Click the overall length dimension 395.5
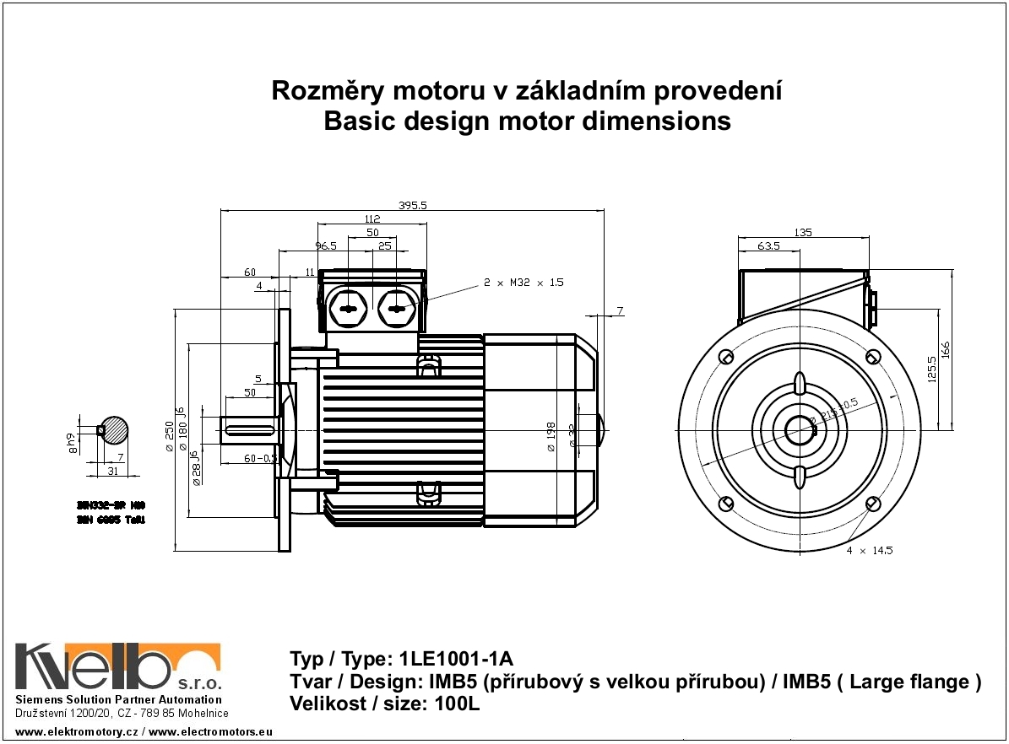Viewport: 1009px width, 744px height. [x=412, y=205]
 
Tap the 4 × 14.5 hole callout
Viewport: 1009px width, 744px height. [x=870, y=550]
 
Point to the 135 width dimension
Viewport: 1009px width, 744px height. [x=803, y=232]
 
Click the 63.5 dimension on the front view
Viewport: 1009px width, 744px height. [x=768, y=246]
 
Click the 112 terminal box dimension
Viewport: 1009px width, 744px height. [x=372, y=218]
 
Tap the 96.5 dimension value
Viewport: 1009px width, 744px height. [x=326, y=246]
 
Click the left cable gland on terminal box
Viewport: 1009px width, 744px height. [x=348, y=309]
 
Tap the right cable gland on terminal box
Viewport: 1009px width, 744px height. [x=395, y=309]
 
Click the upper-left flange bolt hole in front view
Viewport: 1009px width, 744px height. [x=725, y=357]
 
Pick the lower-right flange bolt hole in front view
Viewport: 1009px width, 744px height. [x=872, y=504]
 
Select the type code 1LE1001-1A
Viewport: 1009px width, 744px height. [x=457, y=659]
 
